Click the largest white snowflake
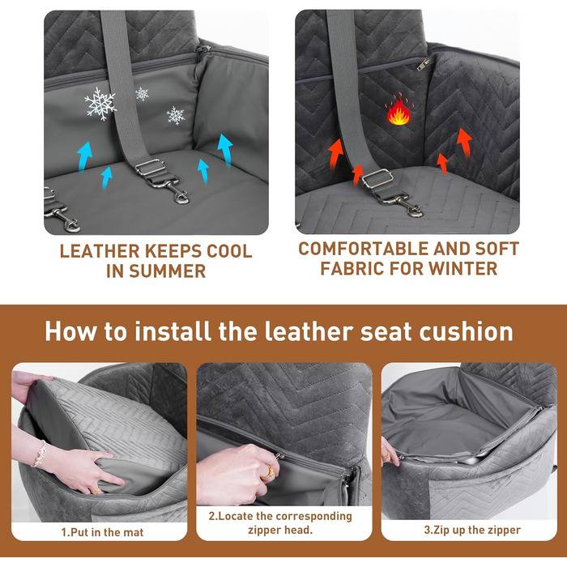coord(100,104)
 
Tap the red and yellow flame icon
coord(399,109)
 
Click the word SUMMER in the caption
coord(167,271)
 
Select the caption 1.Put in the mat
coord(102,532)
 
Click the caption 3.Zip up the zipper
coord(472,530)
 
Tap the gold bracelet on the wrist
coord(39,454)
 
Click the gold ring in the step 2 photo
coord(269,471)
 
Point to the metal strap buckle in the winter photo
coord(378,179)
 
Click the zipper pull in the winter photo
coord(424,64)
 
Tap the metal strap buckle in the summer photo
coord(150,167)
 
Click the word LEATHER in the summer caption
coord(100,251)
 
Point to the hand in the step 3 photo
coord(389,452)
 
